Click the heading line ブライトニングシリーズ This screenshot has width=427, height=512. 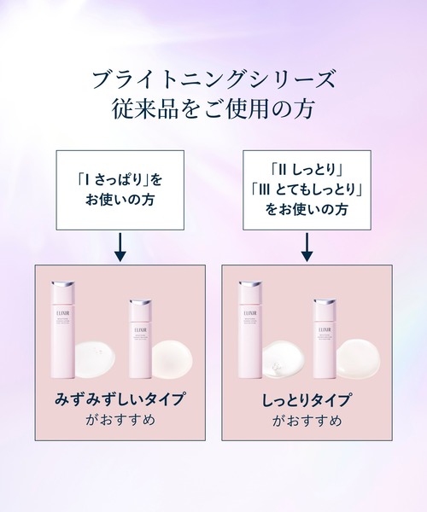[213, 81]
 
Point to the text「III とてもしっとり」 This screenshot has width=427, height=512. [307, 189]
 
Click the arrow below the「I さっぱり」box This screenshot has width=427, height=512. [120, 247]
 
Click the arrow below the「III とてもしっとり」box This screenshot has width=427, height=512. [307, 247]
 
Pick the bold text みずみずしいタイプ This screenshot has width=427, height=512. [120, 399]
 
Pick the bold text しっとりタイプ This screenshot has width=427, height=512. [307, 399]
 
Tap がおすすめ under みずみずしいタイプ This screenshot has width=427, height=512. [120, 421]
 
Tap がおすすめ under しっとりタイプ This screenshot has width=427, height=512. [307, 421]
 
